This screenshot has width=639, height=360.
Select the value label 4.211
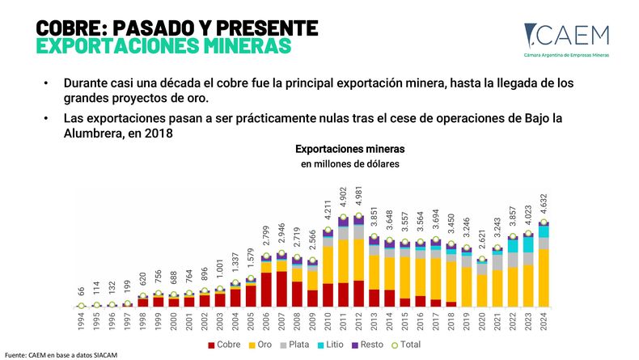pyautogui.click(x=328, y=210)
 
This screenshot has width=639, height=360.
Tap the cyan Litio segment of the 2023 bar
pyautogui.click(x=527, y=244)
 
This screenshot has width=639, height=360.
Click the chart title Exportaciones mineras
pyautogui.click(x=349, y=150)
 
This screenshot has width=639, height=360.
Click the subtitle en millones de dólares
pyautogui.click(x=349, y=164)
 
